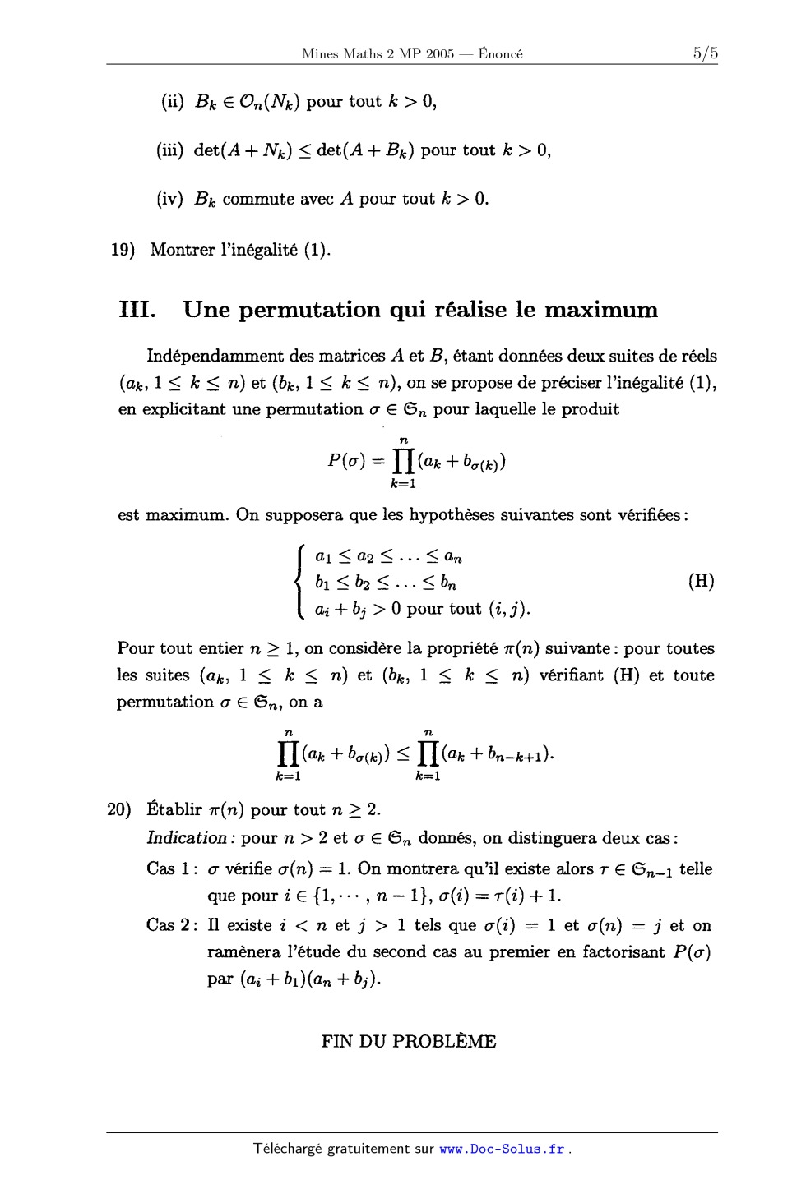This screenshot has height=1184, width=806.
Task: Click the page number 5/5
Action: (705, 54)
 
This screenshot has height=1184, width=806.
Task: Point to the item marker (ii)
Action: (172, 102)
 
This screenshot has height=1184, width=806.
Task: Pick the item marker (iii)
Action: (170, 150)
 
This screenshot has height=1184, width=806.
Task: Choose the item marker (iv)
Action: (170, 199)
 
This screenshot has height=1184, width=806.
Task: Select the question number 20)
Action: (120, 809)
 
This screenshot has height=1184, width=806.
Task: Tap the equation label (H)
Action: (701, 582)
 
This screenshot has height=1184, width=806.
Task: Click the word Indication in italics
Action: (186, 838)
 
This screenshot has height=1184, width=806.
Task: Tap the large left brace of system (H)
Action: (301, 582)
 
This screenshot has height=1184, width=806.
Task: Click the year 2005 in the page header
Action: (439, 54)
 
